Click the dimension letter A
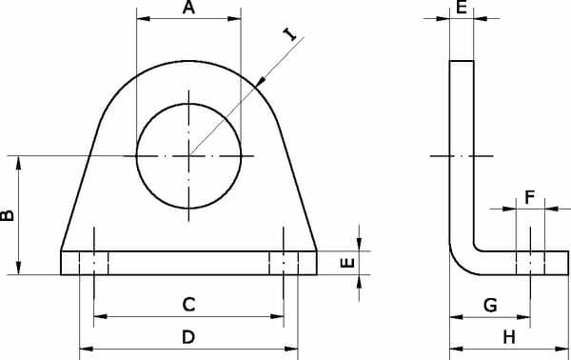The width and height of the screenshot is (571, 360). coord(188,8)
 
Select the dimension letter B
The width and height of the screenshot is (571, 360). coord(8,215)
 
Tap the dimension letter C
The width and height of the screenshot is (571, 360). coord(188,305)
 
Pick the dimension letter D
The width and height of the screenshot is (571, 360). coord(188,337)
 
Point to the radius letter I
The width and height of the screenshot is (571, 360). coord(290,34)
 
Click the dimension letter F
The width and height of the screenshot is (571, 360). coord(530,197)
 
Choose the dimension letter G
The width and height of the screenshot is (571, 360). coord(490,305)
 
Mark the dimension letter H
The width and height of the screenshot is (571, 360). coord(509,337)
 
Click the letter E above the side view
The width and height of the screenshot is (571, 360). coord(462,8)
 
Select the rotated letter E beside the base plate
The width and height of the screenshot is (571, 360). coord(347,263)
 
